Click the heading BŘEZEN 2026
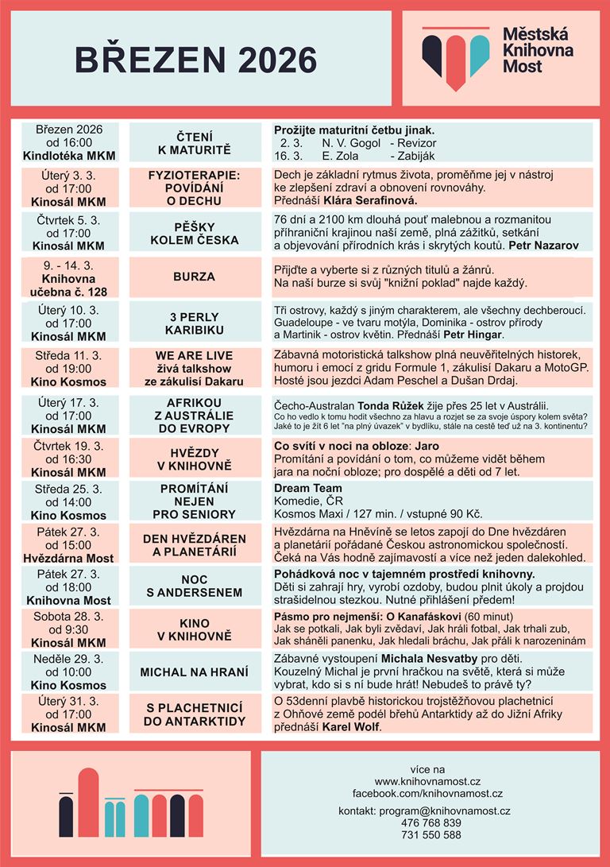(195, 60)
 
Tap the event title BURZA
(195, 277)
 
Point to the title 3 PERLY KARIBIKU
(195, 322)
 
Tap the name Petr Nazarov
(543, 245)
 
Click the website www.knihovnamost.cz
(427, 782)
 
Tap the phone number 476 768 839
(431, 822)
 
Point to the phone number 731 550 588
(431, 835)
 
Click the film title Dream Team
(308, 488)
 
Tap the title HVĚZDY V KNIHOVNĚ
(195, 459)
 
